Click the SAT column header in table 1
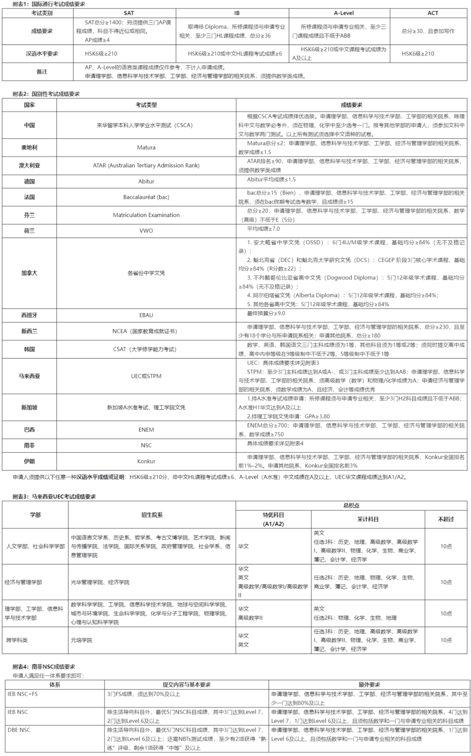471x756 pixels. [x=129, y=13]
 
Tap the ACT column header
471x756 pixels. [x=433, y=13]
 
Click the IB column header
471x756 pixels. [x=237, y=13]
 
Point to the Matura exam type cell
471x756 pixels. [x=146, y=148]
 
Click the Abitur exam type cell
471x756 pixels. [x=146, y=181]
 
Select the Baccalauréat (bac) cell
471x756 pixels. [x=146, y=197]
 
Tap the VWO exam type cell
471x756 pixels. [x=146, y=231]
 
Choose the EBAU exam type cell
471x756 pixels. [x=146, y=315]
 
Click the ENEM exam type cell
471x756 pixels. [x=146, y=430]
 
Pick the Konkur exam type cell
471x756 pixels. [x=146, y=461]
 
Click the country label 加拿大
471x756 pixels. [x=29, y=273]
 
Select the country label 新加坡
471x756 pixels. [x=29, y=407]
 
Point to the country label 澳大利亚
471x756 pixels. [x=29, y=166]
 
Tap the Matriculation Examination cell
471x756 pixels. [x=146, y=215]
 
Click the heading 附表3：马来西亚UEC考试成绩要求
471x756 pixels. [x=54, y=497]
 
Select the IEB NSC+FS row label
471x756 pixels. [x=23, y=694]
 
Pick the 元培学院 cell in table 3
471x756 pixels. [x=82, y=640]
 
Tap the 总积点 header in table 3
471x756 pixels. [x=351, y=506]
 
